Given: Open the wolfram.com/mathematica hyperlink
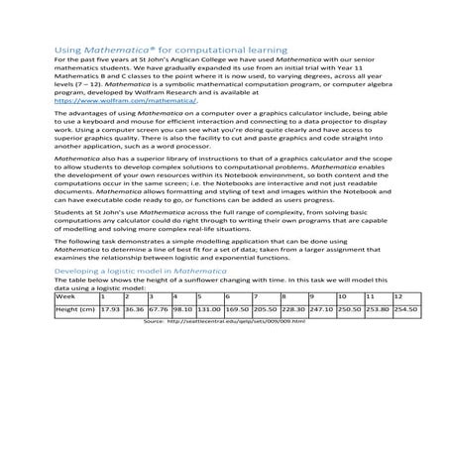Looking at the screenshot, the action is click(125, 100).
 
